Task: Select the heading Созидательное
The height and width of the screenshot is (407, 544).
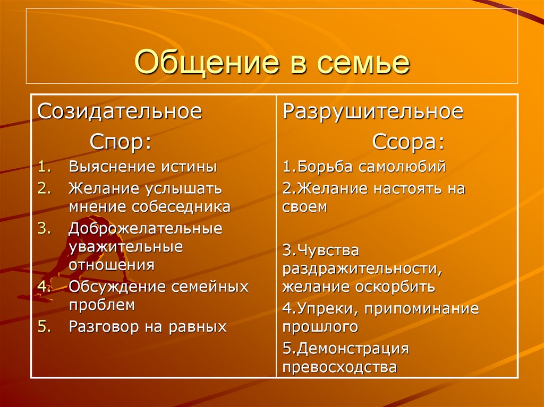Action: click(x=120, y=112)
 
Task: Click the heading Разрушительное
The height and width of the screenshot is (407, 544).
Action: click(x=373, y=112)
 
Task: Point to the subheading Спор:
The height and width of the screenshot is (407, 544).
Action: click(x=120, y=142)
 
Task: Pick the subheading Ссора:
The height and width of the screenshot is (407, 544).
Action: click(x=408, y=142)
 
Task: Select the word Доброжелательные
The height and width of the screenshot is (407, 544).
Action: click(x=146, y=229)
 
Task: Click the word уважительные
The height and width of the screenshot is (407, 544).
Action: click(x=125, y=247)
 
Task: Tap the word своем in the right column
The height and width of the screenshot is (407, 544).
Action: click(x=304, y=207)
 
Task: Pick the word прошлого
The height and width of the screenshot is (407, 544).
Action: click(x=320, y=327)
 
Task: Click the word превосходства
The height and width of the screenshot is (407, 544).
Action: click(x=339, y=367)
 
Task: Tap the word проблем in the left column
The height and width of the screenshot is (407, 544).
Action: click(x=102, y=305)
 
